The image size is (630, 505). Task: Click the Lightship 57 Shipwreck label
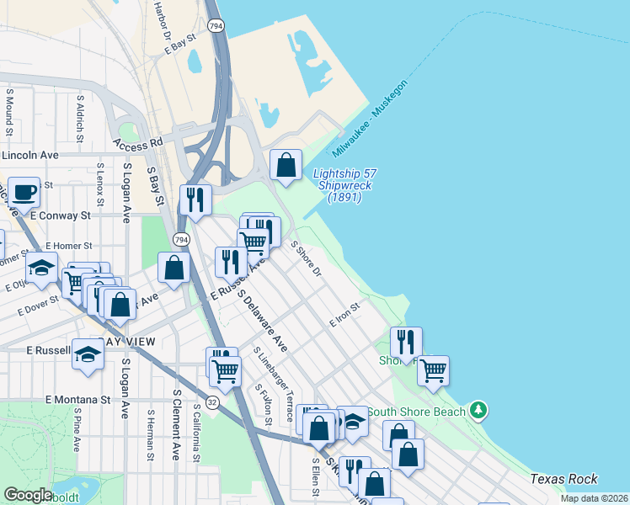tap(344, 185)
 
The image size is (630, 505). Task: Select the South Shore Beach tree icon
tap(478, 411)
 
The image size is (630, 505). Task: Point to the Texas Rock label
tap(564, 479)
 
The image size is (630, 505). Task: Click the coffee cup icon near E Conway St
tap(24, 193)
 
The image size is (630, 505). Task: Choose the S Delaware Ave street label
tap(262, 321)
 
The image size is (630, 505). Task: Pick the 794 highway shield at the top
tap(216, 27)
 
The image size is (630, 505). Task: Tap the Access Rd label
tap(136, 143)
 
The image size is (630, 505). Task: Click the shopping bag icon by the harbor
tap(286, 162)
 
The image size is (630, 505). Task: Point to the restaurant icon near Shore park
tap(406, 342)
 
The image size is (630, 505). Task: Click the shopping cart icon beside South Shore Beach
tap(433, 369)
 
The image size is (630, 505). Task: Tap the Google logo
tap(28, 494)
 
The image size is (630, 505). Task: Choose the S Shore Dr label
tap(306, 258)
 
